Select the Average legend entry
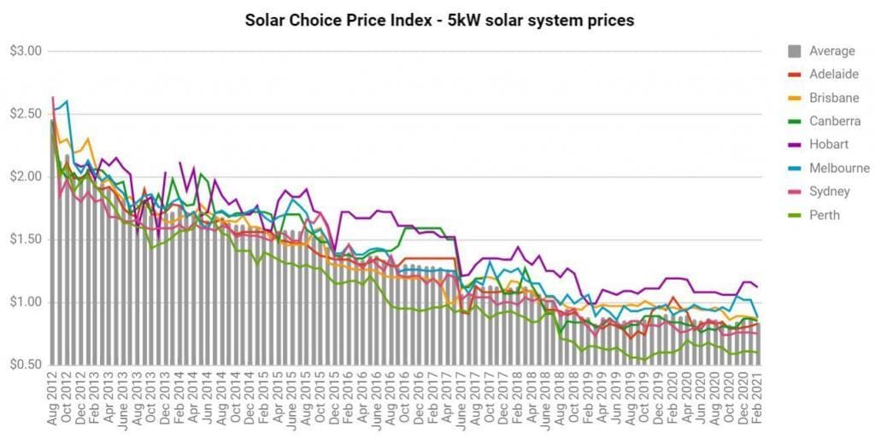pyautogui.click(x=831, y=51)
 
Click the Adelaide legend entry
pyautogui.click(x=833, y=74)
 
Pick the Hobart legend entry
pyautogui.click(x=829, y=145)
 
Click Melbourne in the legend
pyautogui.click(x=839, y=169)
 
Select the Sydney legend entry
pyautogui.click(x=829, y=192)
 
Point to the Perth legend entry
pyautogui.click(x=825, y=215)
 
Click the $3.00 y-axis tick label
pyautogui.click(x=24, y=51)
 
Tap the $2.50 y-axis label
pyautogui.click(x=24, y=114)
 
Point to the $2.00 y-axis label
pyautogui.click(x=24, y=177)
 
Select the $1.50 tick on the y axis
pyautogui.click(x=24, y=240)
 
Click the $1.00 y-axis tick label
pyautogui.click(x=24, y=302)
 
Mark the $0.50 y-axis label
pyautogui.click(x=24, y=365)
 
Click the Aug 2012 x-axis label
pyautogui.click(x=54, y=402)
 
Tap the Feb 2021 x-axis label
pyautogui.click(x=757, y=402)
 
